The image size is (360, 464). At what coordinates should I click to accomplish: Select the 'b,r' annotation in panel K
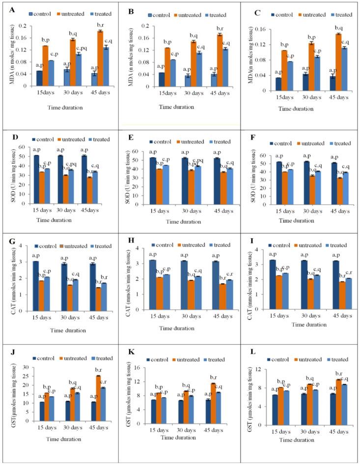coord(215,378)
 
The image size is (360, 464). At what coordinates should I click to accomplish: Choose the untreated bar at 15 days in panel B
coord(167,67)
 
